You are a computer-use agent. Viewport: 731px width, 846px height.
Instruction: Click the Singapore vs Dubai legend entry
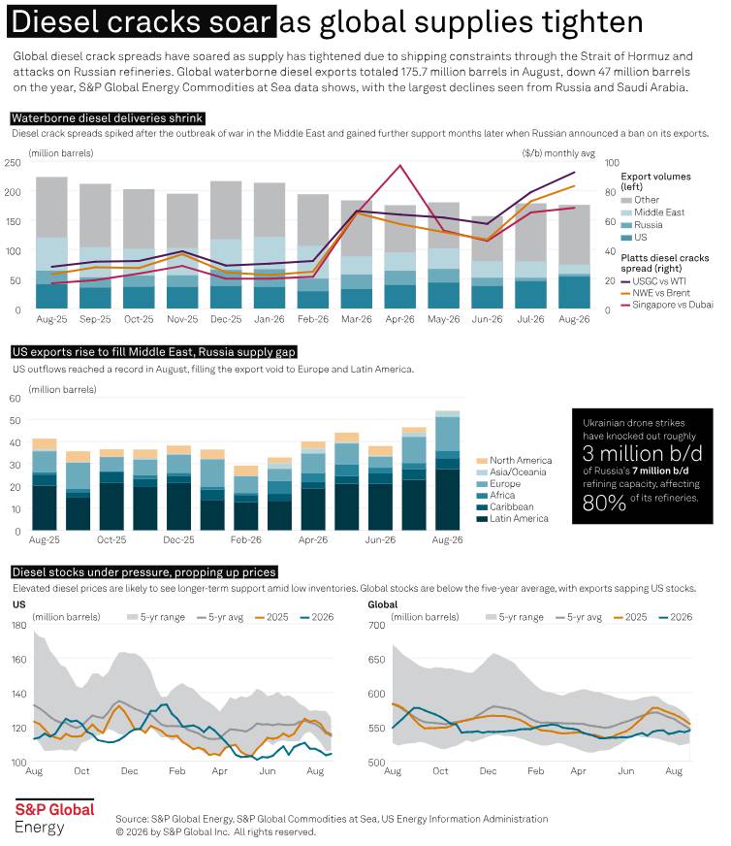pos(667,305)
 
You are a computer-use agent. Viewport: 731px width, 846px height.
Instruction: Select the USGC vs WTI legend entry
pos(653,281)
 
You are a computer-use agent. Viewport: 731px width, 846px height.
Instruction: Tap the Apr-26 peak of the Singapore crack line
pos(399,165)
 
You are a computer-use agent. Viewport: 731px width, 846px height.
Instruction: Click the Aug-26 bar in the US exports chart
pos(448,471)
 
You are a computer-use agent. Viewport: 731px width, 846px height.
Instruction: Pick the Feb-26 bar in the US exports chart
pos(246,498)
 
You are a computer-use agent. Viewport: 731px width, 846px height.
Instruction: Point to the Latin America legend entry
pos(513,518)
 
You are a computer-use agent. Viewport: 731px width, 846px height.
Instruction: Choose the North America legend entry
pos(514,460)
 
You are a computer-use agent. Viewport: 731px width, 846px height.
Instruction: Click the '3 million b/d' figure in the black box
pos(642,454)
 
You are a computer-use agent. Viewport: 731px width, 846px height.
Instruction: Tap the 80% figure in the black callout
pos(604,503)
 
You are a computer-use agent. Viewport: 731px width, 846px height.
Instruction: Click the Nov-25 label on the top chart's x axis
pos(182,319)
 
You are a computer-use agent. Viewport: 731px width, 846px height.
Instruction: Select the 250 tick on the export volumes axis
pos(12,162)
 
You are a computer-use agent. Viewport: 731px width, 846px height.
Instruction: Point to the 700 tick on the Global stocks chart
pos(376,625)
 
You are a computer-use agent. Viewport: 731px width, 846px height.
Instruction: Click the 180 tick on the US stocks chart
pos(18,625)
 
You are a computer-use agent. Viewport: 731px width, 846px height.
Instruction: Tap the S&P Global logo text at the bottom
pos(54,810)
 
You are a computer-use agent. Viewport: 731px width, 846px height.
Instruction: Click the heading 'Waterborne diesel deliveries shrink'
pos(108,118)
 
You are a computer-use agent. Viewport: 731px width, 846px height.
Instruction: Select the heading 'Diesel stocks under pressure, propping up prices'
pos(143,571)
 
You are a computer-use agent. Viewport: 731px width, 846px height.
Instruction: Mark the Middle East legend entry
pos(652,212)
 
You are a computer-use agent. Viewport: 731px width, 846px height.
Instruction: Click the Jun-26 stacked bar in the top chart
pos(487,262)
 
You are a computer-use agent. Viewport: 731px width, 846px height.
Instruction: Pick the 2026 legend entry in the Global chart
pos(676,617)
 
